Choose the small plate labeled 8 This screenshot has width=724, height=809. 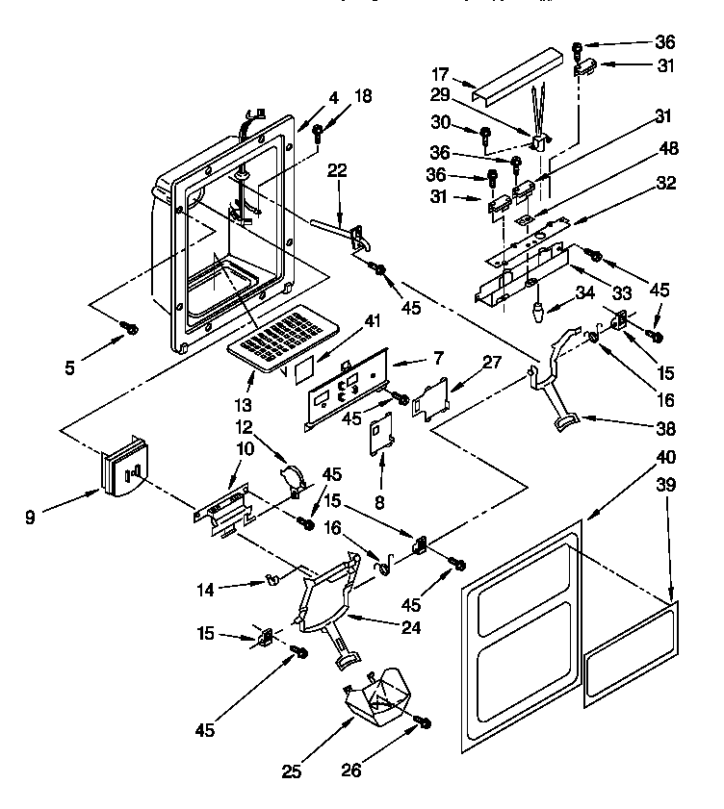[x=382, y=431]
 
